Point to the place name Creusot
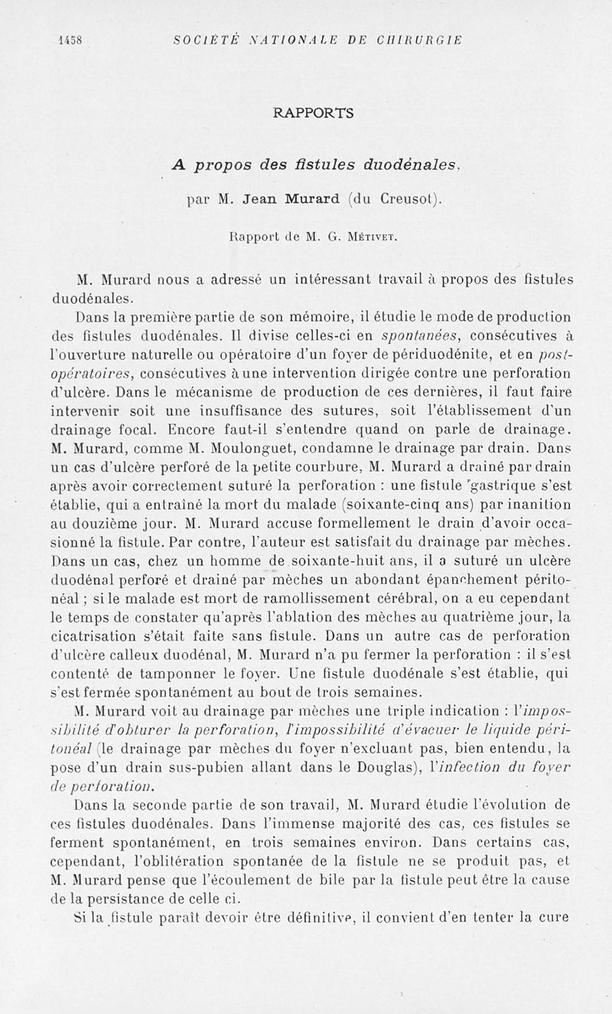401,201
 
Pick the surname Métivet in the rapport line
370,237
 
